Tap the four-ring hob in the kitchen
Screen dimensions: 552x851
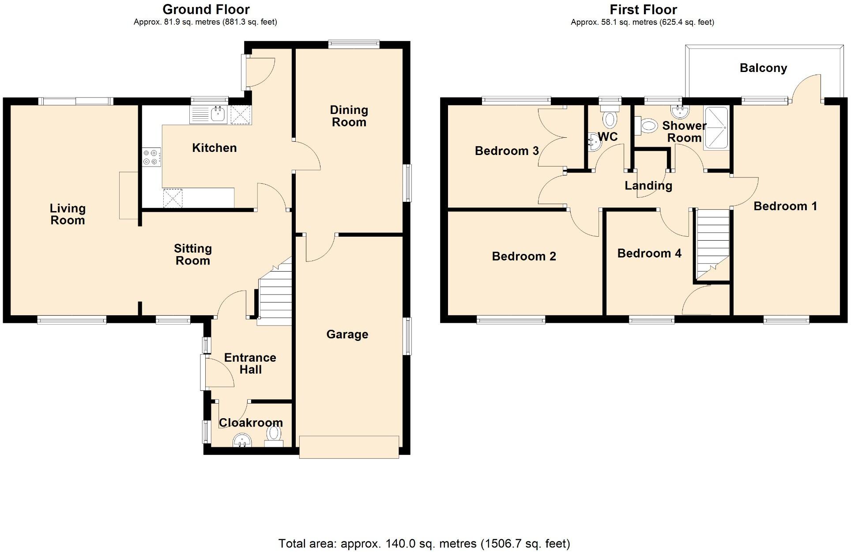point(151,157)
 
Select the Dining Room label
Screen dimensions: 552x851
point(349,116)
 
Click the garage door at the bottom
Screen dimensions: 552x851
point(349,447)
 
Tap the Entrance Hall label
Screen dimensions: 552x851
point(250,363)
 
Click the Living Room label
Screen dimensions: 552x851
point(68,214)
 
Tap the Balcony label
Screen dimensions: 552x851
point(763,68)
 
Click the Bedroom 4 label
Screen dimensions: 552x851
point(649,253)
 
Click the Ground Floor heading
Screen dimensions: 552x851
point(206,9)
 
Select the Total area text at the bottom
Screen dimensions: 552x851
point(424,543)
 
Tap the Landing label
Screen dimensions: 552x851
point(648,185)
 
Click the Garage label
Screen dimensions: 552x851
point(347,334)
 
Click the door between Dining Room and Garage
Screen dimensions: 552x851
point(320,247)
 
